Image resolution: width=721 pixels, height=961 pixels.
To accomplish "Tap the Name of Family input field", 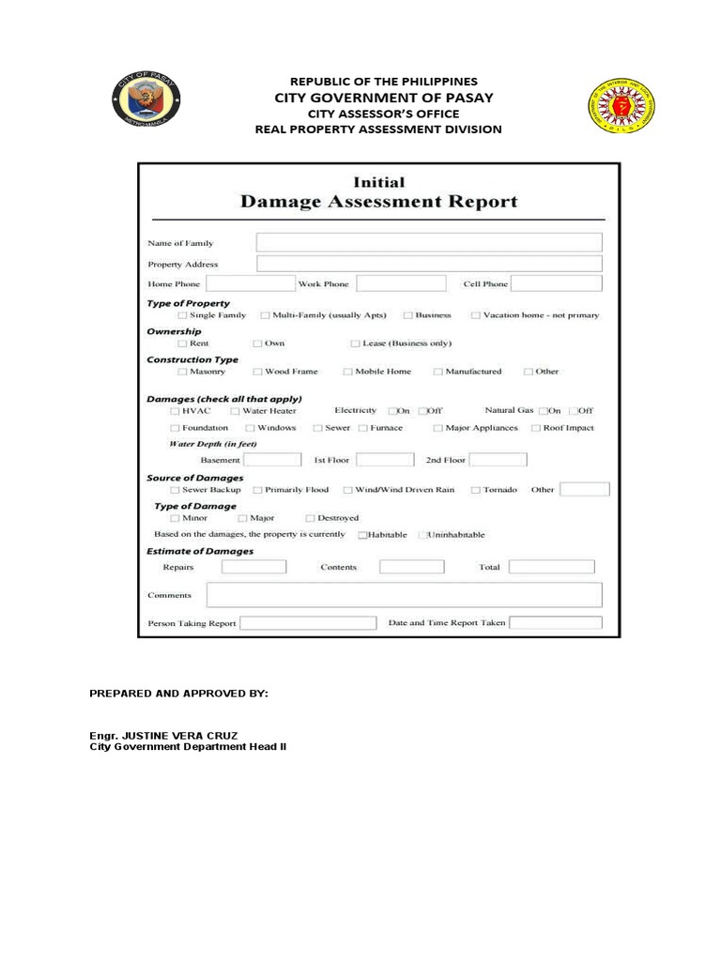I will pyautogui.click(x=428, y=242).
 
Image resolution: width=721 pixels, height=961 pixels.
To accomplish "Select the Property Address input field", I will pyautogui.click(x=428, y=264).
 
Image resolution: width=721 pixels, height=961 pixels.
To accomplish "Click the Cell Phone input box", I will pyautogui.click(x=555, y=283).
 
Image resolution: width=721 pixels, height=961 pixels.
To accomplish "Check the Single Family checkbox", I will pyautogui.click(x=182, y=316).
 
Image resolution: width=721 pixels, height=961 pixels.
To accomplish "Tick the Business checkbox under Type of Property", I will pyautogui.click(x=408, y=316).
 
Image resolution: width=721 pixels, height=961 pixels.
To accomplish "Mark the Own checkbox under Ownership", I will pyautogui.click(x=257, y=343).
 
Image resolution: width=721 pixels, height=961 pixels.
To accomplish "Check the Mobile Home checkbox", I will pyautogui.click(x=347, y=372).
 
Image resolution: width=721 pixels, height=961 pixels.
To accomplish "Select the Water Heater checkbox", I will pyautogui.click(x=235, y=411).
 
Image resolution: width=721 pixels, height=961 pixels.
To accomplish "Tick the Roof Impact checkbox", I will pyautogui.click(x=535, y=428).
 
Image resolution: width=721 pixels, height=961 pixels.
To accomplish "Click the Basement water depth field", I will pyautogui.click(x=272, y=460).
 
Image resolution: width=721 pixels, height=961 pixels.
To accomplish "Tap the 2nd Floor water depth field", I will pyautogui.click(x=498, y=460).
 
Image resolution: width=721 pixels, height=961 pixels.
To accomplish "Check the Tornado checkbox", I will pyautogui.click(x=476, y=490).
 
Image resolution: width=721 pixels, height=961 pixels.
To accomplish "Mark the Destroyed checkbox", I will pyautogui.click(x=310, y=518).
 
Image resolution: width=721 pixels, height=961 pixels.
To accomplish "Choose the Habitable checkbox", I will pyautogui.click(x=362, y=535).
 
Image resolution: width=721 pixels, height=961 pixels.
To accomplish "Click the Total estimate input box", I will pyautogui.click(x=551, y=567).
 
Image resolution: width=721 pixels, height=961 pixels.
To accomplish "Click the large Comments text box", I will pyautogui.click(x=404, y=595).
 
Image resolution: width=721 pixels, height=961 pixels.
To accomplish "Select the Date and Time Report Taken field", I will pyautogui.click(x=555, y=622).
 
